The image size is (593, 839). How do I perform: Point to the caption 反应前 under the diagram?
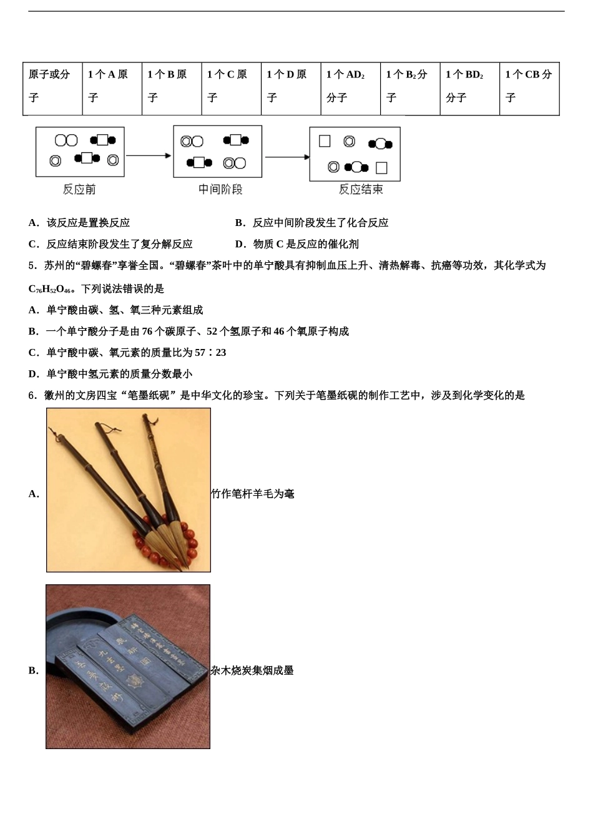coord(79,189)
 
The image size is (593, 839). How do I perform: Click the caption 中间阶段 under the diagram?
coord(220,189)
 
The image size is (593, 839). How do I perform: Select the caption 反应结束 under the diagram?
coord(360,189)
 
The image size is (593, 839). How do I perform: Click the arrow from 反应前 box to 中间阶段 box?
coord(149,155)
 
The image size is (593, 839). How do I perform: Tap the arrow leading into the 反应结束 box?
coord(287,157)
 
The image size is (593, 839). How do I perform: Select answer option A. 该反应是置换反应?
coord(79,223)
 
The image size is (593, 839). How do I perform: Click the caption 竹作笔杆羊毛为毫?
coord(253,494)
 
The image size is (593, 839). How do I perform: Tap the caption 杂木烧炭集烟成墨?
coord(252,670)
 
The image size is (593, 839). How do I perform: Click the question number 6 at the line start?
coord(32,395)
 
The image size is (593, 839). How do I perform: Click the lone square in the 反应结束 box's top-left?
coord(325,141)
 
